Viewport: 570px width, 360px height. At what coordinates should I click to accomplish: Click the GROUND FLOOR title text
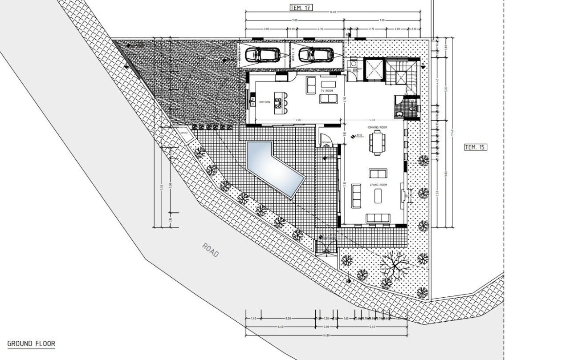coord(31,344)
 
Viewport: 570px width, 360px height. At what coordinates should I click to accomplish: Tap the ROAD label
coord(211,250)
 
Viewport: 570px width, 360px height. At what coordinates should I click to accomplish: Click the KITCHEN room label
coord(265,102)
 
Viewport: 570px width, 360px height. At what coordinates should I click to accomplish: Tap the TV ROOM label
coord(327,91)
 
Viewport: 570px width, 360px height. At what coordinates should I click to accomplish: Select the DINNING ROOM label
coord(377,128)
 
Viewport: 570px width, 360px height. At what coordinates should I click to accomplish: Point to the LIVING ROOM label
coord(377,184)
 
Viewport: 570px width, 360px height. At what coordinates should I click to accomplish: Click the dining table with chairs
coord(377,142)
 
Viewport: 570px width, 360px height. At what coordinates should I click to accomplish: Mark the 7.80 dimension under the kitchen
coord(298,120)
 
